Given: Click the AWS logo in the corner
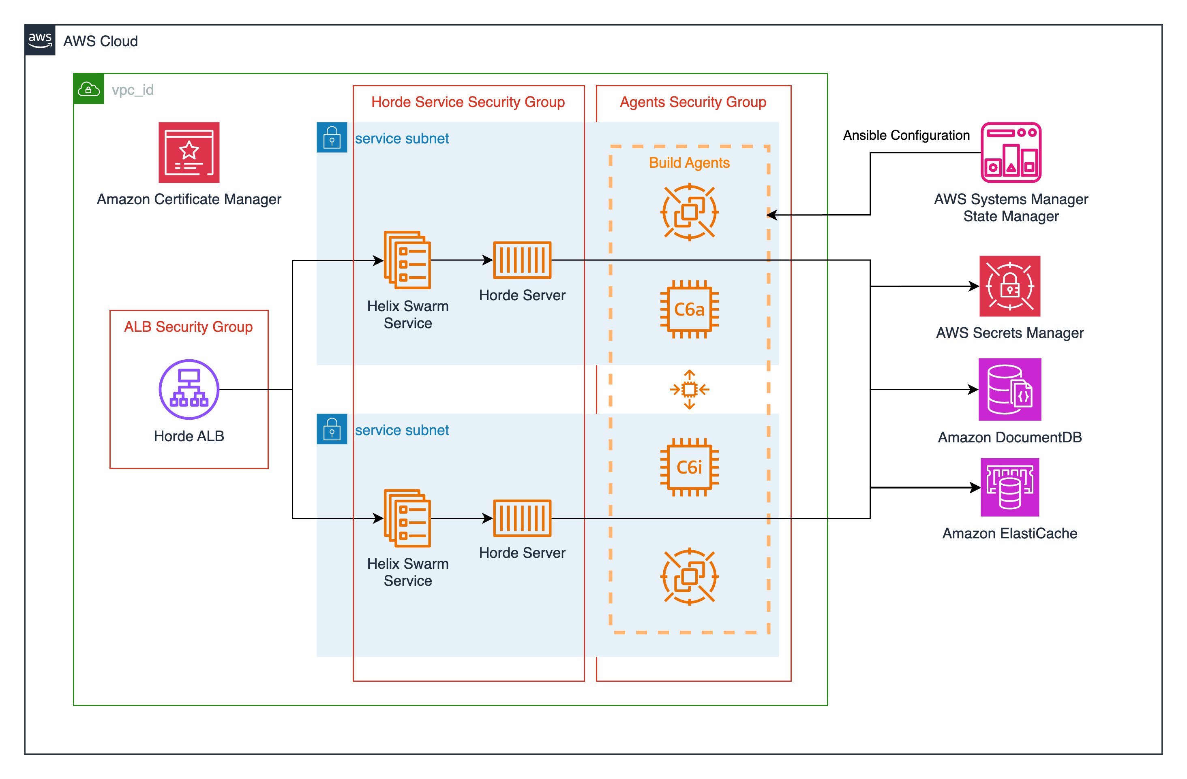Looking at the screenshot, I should click(x=40, y=40).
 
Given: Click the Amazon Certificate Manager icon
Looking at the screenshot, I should click(x=189, y=152).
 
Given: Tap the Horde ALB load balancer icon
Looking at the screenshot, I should click(x=189, y=389).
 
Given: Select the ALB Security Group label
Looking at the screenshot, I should click(x=188, y=327).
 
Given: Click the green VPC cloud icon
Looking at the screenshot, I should click(x=88, y=89).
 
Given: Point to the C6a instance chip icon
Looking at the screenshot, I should click(x=689, y=309).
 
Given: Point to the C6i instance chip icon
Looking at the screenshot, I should click(x=689, y=467).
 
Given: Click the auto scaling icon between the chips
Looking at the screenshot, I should click(x=689, y=389).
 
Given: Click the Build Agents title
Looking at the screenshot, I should click(x=689, y=162).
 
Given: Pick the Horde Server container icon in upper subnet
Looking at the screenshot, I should click(x=522, y=260).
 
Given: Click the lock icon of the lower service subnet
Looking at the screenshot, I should click(x=332, y=429).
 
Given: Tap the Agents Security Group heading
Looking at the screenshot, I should click(x=692, y=102).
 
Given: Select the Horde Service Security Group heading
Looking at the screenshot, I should click(x=468, y=102).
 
